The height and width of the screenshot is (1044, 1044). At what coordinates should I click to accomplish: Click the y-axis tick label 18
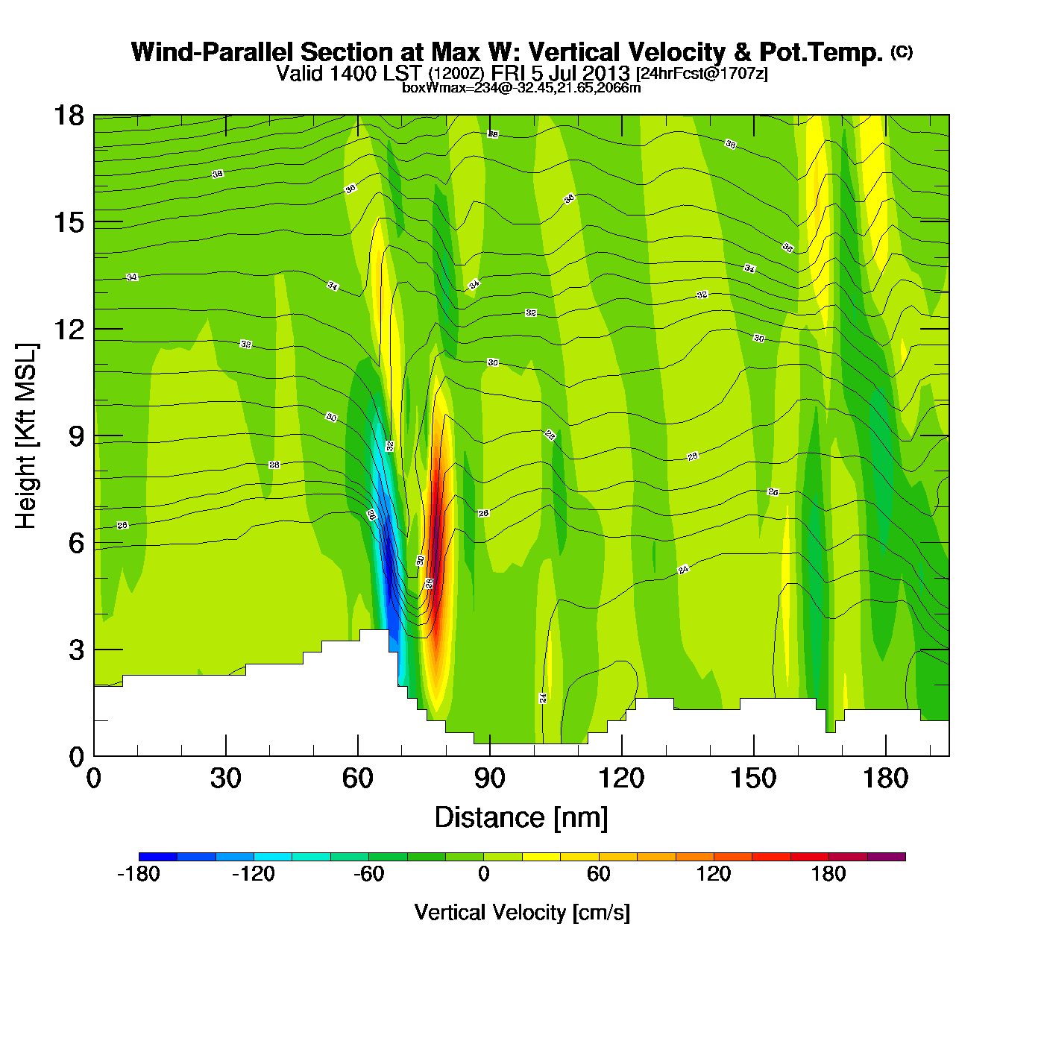coord(68,116)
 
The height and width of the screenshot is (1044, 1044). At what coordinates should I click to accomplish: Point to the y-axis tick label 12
coord(68,329)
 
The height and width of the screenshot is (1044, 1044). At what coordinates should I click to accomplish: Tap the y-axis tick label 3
coord(75,650)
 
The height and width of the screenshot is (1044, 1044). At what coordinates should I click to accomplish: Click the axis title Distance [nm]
coord(521,818)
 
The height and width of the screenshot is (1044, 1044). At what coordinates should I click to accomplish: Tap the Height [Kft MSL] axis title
coord(26,436)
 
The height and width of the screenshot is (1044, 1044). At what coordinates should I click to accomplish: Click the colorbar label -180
coord(139,874)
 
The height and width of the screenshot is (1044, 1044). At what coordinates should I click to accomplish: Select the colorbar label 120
coord(714,874)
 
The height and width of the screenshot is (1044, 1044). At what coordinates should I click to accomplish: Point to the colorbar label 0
coord(483,874)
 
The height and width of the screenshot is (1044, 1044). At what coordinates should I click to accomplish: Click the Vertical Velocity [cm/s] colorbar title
coord(522,912)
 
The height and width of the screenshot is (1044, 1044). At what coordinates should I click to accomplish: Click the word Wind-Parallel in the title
coord(213,52)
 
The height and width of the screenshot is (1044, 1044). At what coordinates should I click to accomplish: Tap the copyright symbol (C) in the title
coord(902,51)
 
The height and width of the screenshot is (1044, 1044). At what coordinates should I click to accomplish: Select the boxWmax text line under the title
coord(521,87)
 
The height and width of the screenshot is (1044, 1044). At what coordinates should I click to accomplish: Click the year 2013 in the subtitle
coord(606,73)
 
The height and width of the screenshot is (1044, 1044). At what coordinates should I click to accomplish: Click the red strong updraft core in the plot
coord(435,522)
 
